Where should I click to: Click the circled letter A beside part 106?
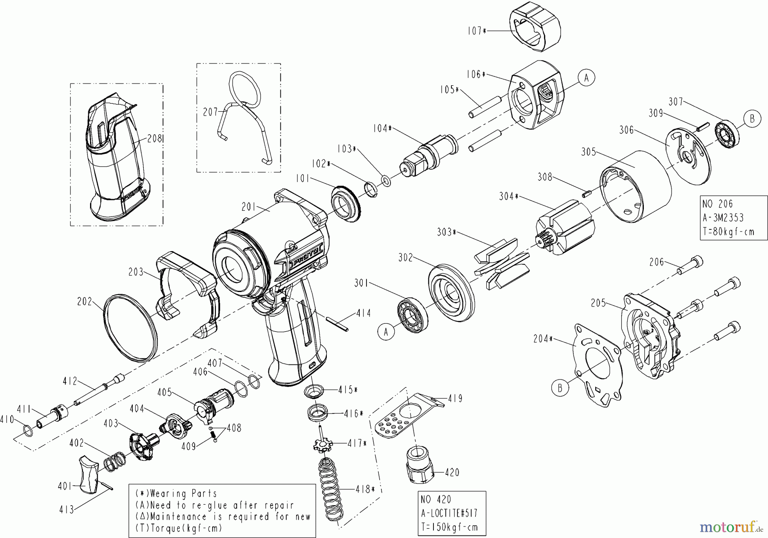click(586, 78)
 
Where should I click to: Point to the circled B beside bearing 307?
click(752, 119)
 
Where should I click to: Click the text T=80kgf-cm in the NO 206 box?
click(729, 231)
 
